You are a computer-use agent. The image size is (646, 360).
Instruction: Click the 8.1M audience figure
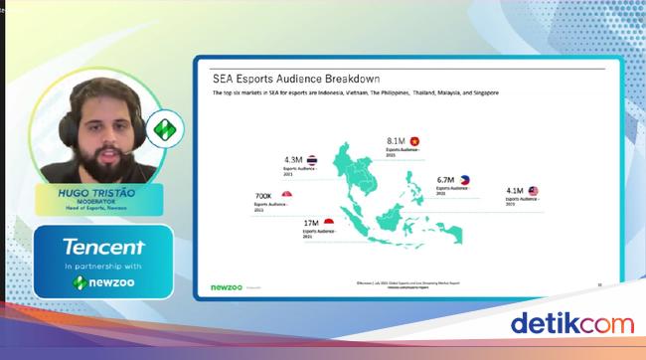[x=396, y=142]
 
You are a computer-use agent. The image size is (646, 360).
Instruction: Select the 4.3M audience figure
[x=293, y=159]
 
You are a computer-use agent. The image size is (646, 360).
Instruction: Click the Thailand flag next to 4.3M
[x=312, y=158]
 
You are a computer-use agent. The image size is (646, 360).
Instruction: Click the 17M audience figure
[x=311, y=224]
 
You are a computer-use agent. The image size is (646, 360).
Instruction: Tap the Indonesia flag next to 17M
[x=329, y=223]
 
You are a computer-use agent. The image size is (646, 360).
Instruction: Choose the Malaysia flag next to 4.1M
[x=534, y=190]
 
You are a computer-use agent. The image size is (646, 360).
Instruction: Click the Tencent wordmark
[x=103, y=248]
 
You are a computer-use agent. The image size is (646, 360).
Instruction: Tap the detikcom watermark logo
[x=571, y=323]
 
